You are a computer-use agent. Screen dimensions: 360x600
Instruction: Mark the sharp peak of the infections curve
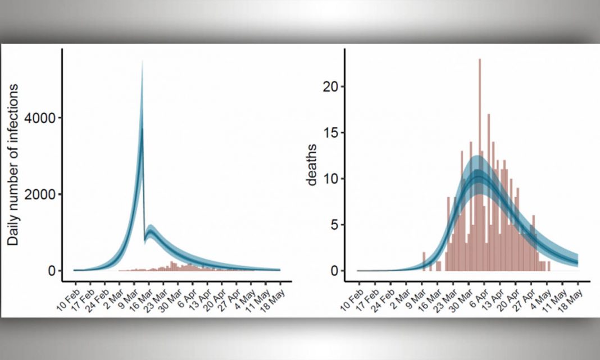pyautogui.click(x=142, y=63)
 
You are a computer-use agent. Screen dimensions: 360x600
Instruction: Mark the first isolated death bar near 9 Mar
pyautogui.click(x=424, y=262)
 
